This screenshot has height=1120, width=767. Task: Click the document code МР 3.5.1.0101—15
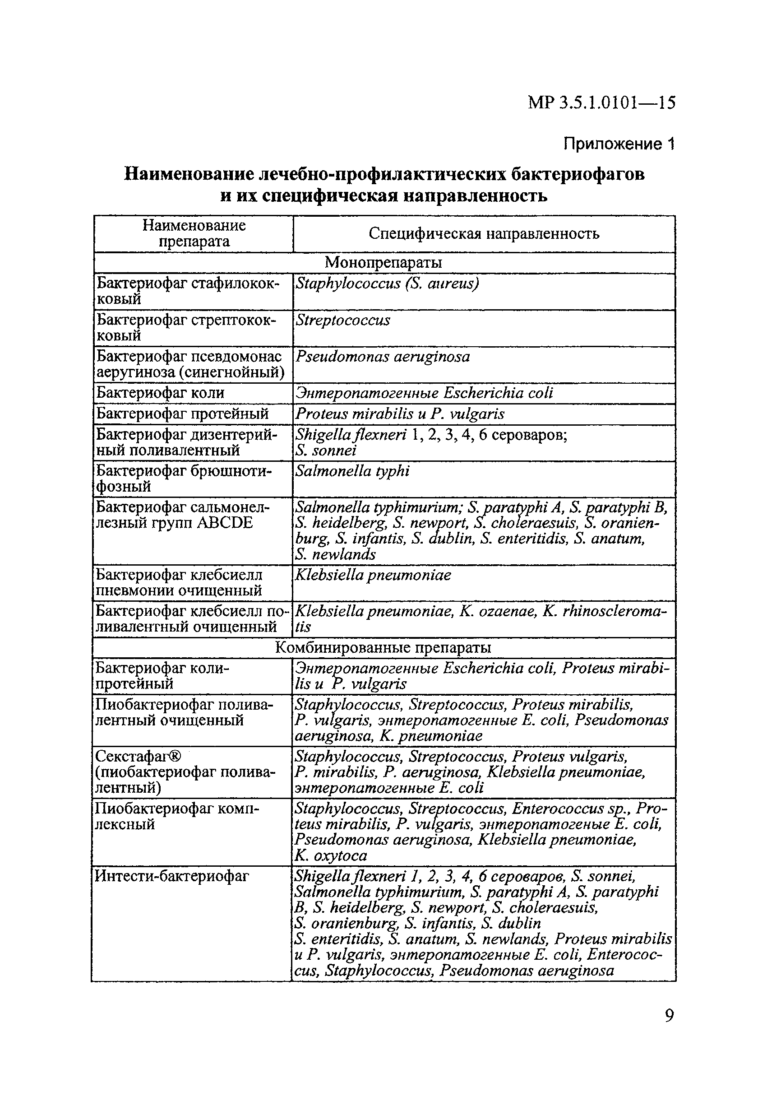coord(601,102)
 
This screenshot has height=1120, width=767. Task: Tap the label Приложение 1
coord(619,144)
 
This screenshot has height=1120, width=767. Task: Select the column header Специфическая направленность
coord(484,234)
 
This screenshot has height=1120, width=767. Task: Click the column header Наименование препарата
coord(194,233)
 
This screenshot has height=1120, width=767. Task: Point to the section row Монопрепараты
coord(383,263)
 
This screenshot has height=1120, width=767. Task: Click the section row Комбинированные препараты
coord(383,648)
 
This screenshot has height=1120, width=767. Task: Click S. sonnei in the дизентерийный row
coord(326,451)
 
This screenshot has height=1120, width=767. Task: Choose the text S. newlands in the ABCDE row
coord(335,554)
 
